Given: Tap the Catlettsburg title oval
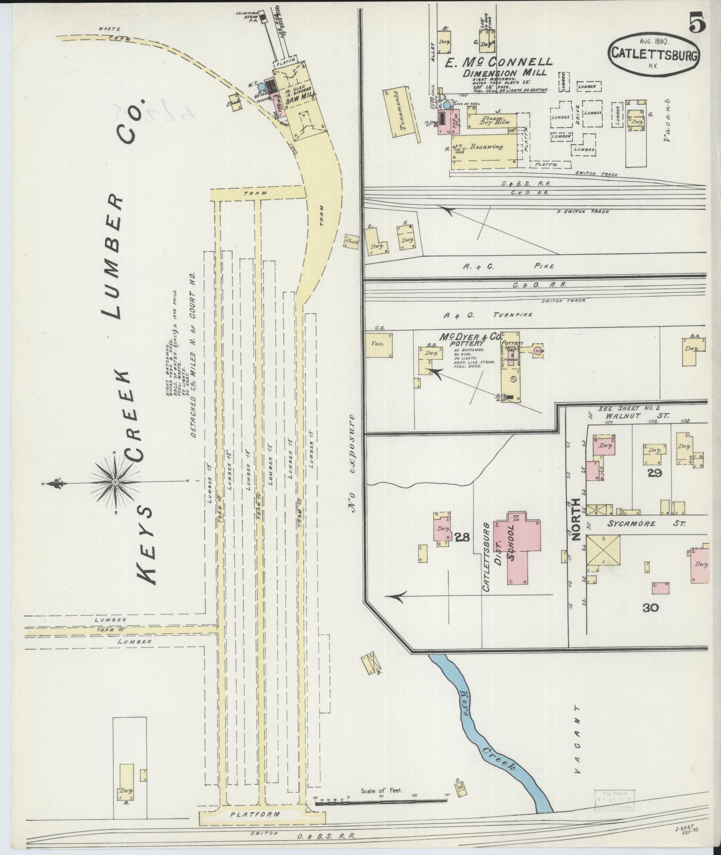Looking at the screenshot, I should tap(654, 54).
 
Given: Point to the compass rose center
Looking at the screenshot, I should tap(115, 482).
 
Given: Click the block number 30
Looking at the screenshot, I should tap(652, 607).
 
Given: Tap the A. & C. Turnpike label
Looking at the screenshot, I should tap(488, 315).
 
